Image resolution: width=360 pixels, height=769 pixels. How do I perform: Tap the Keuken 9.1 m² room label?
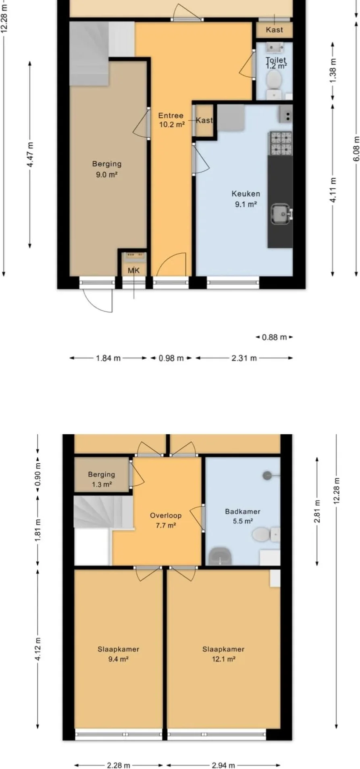pyautogui.click(x=246, y=199)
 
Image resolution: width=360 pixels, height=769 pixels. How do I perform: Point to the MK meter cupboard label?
pyautogui.click(x=134, y=271)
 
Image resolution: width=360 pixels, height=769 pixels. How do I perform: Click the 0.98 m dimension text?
pyautogui.click(x=171, y=358)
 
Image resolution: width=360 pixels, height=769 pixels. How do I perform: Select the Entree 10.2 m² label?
pyautogui.click(x=171, y=120)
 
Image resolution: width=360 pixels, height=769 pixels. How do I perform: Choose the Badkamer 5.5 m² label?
pyautogui.click(x=243, y=516)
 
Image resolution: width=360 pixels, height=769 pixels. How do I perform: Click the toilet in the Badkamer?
pyautogui.click(x=266, y=535)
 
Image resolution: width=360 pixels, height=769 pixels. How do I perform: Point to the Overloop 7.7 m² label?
pyautogui.click(x=166, y=520)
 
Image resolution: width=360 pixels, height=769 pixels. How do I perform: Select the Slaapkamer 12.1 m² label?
pyautogui.click(x=223, y=654)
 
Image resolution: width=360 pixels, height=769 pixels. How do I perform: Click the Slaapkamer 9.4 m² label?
pyautogui.click(x=119, y=654)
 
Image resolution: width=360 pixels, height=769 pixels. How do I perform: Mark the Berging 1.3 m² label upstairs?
pyautogui.click(x=102, y=479)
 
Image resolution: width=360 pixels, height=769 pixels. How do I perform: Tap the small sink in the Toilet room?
pyautogui.click(x=276, y=48)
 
